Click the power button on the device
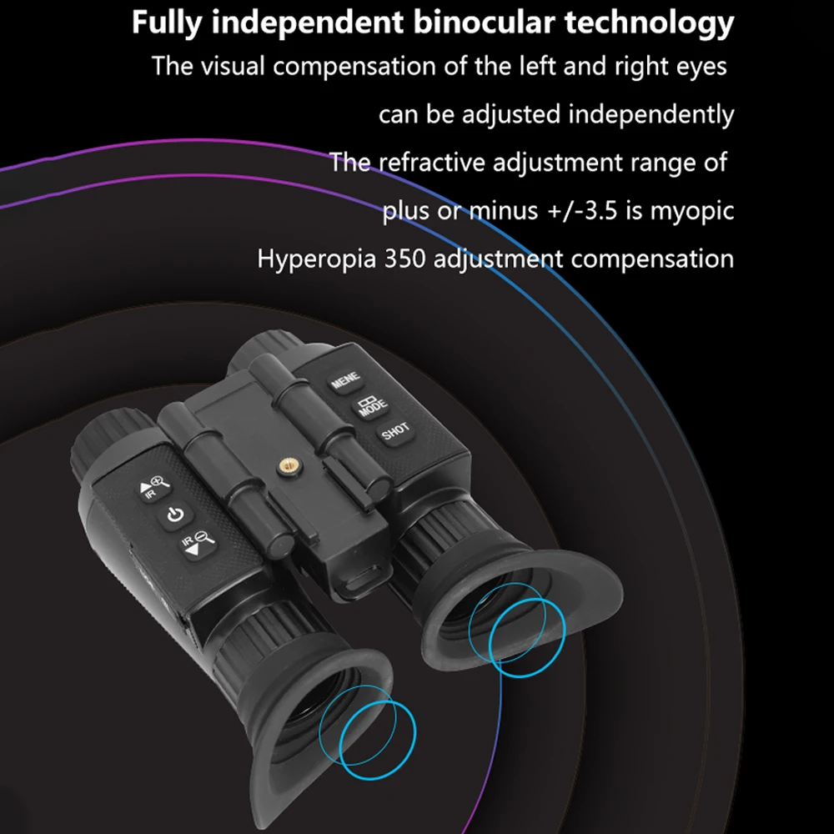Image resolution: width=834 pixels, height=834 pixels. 175,515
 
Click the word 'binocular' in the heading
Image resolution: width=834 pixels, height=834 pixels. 485,23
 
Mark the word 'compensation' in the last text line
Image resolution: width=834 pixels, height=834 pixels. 652,259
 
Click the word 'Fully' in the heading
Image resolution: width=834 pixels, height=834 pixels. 165,23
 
